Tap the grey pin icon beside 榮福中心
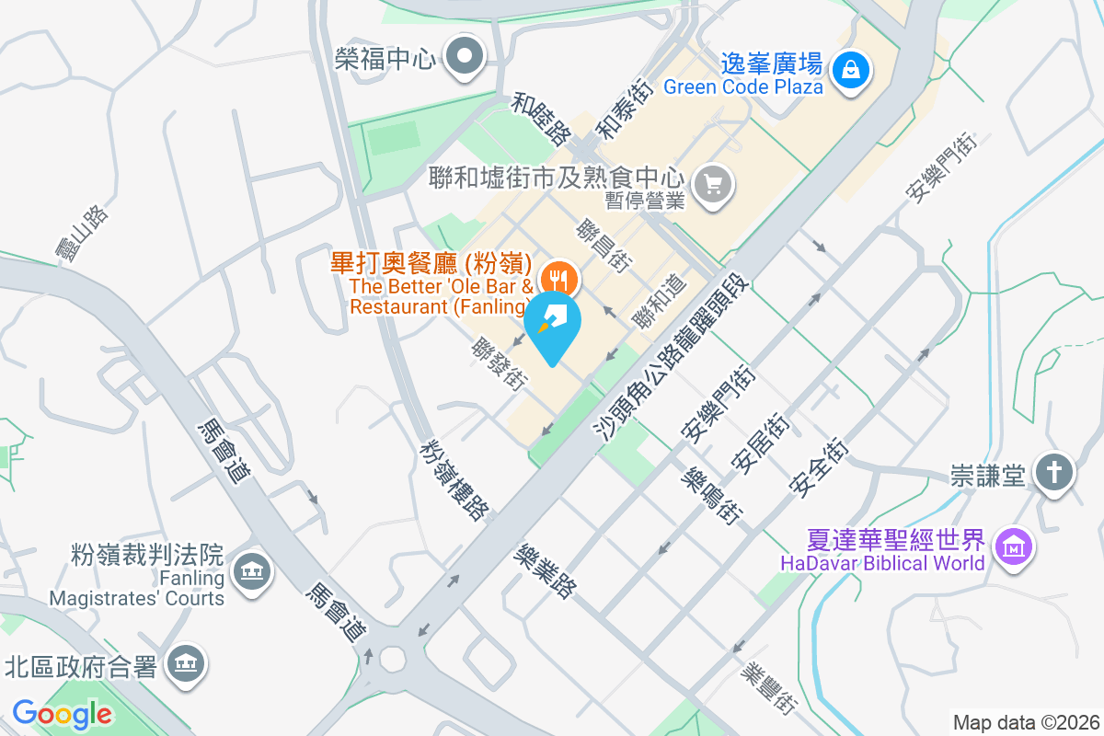465,57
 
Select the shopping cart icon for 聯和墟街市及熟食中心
713,184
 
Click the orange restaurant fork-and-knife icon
557,277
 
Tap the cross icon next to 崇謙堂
1054,473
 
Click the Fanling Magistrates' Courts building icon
250,572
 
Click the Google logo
62,714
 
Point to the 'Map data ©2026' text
1026,723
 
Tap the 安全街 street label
818,470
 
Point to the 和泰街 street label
625,109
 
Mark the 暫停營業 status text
644,201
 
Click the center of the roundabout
393,659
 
